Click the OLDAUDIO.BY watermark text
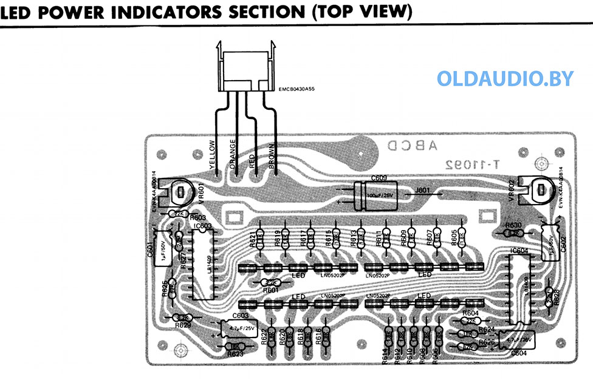[x=504, y=79]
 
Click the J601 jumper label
[x=424, y=190]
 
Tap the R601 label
[x=271, y=290]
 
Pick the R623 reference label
[x=235, y=353]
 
